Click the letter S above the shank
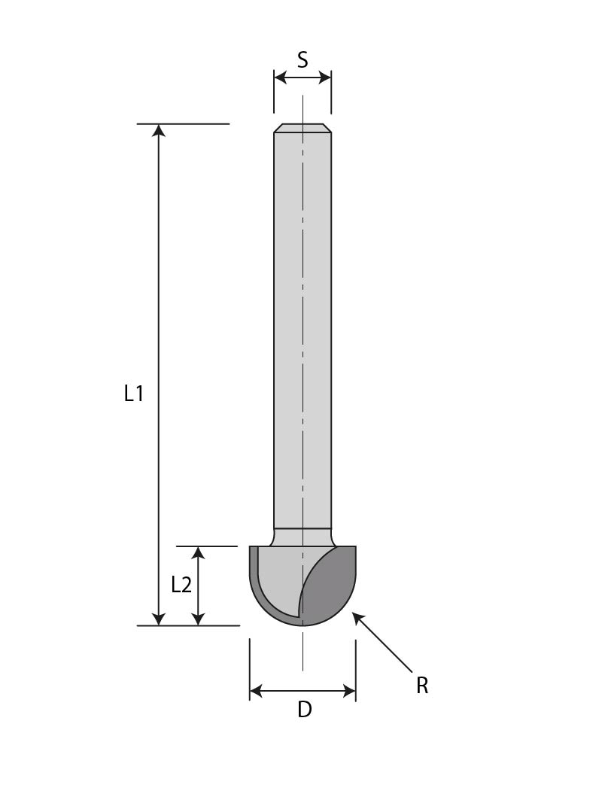(303, 60)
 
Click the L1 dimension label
(134, 393)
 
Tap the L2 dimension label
(181, 585)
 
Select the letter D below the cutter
(304, 710)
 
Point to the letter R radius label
(422, 686)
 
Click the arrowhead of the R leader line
(357, 617)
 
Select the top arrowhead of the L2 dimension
(198, 553)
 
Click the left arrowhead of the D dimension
(257, 691)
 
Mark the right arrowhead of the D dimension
(348, 691)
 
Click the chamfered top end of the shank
(303, 128)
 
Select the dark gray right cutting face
(331, 587)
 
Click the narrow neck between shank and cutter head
(303, 537)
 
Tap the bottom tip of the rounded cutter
(303, 624)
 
